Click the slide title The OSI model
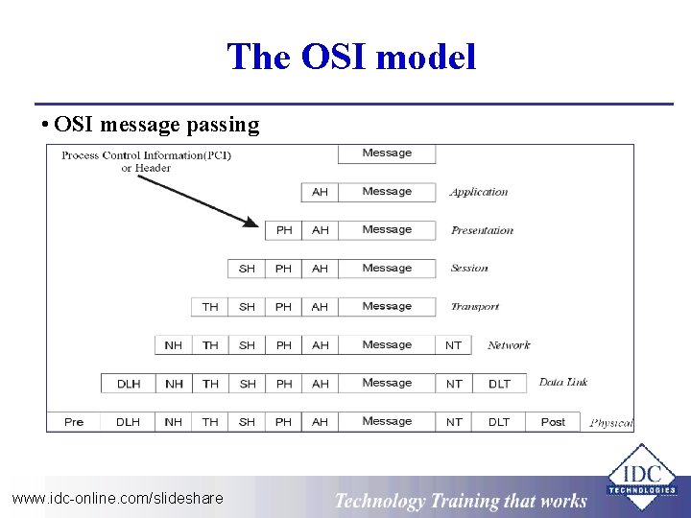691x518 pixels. pyautogui.click(x=351, y=58)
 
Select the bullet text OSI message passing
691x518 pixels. pyautogui.click(x=156, y=124)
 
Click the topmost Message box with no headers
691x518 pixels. pyautogui.click(x=387, y=153)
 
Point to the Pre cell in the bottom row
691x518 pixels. pyautogui.click(x=74, y=422)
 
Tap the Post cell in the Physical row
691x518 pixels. pyautogui.click(x=553, y=422)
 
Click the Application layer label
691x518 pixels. pyautogui.click(x=479, y=192)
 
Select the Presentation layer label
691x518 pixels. pyautogui.click(x=482, y=230)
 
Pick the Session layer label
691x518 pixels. pyautogui.click(x=469, y=269)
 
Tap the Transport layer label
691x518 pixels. pyautogui.click(x=475, y=307)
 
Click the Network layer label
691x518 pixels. pyautogui.click(x=509, y=345)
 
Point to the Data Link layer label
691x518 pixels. pyautogui.click(x=563, y=382)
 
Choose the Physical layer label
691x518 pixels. pyautogui.click(x=611, y=423)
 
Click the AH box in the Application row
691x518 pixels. pyautogui.click(x=320, y=192)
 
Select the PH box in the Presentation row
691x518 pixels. pyautogui.click(x=284, y=230)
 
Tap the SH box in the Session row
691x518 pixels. pyautogui.click(x=247, y=269)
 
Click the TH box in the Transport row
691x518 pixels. pyautogui.click(x=210, y=307)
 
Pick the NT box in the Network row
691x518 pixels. pyautogui.click(x=454, y=345)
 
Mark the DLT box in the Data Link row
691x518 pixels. pyautogui.click(x=499, y=384)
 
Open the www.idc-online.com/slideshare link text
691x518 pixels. pyautogui.click(x=117, y=498)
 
